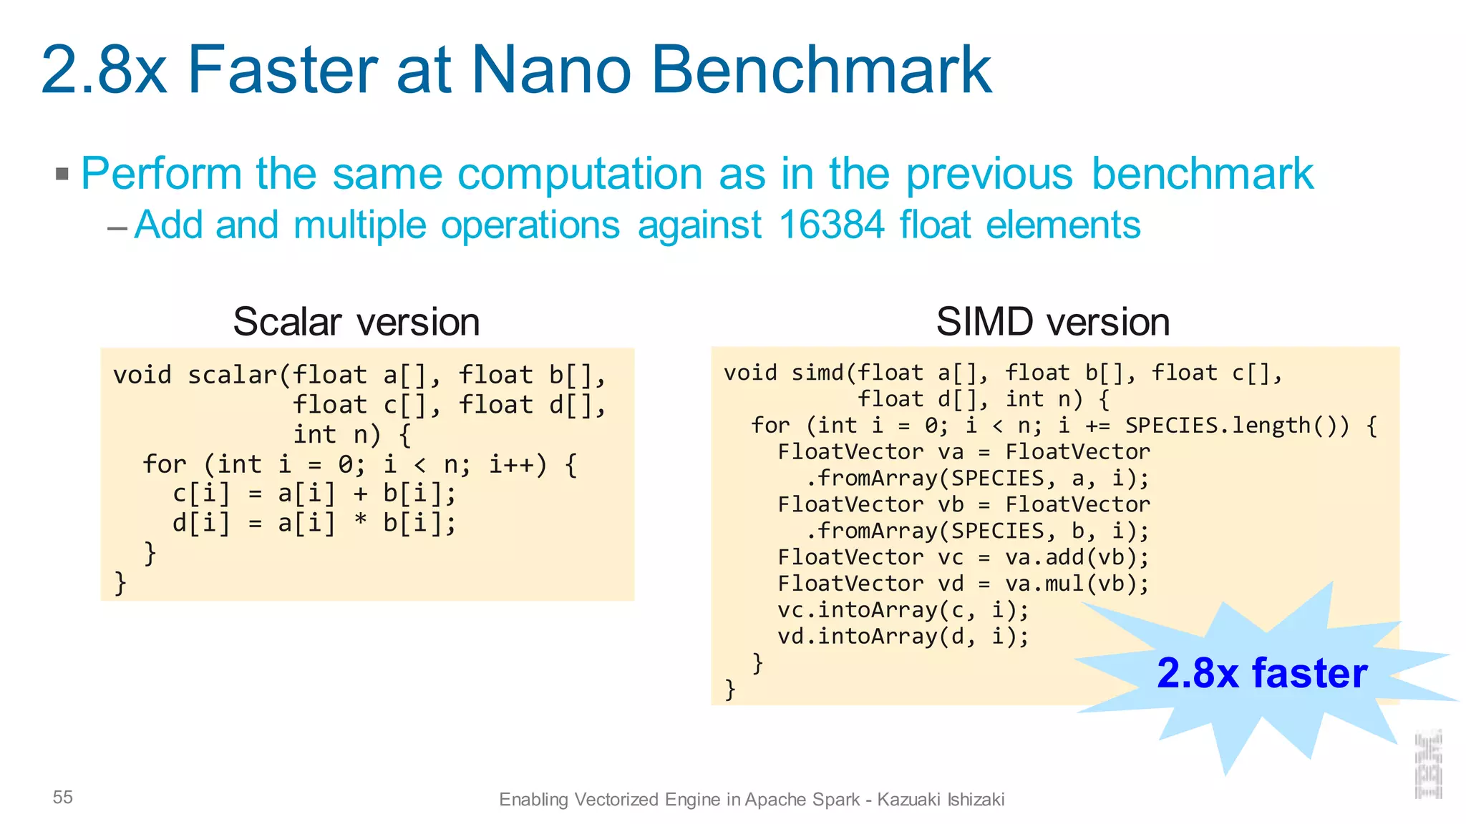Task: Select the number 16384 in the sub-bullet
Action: coord(831,225)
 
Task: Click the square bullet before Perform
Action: coord(62,174)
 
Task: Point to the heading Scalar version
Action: coord(356,322)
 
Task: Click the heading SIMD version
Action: coord(1052,322)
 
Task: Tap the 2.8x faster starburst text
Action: coord(1261,673)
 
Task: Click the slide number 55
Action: coord(63,798)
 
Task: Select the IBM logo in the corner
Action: coord(1428,765)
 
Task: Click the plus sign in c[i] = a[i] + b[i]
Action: coord(360,494)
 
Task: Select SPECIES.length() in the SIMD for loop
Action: coord(1236,426)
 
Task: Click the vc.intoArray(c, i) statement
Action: coord(903,610)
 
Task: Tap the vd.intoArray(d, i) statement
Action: coord(903,637)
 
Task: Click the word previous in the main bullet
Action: coord(989,174)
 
